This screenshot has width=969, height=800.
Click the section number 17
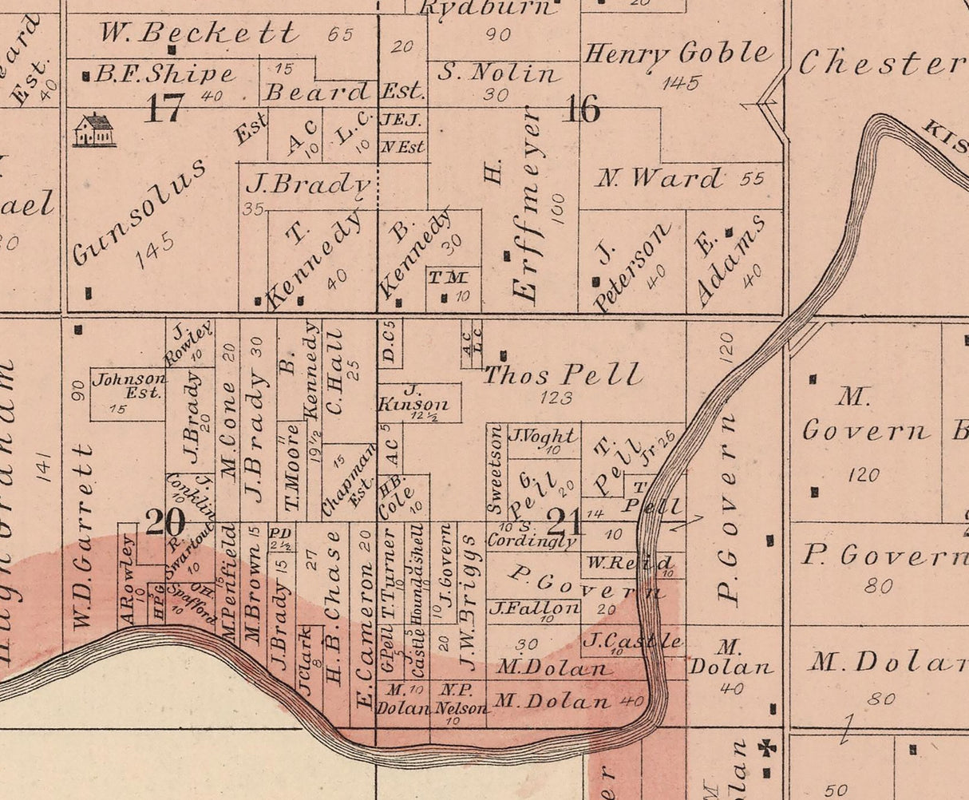click(164, 109)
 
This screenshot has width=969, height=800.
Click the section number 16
click(581, 109)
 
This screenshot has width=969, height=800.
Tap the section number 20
click(165, 523)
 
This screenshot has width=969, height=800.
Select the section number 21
click(564, 523)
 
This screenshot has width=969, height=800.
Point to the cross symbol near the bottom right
click(768, 749)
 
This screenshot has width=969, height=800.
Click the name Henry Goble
click(678, 54)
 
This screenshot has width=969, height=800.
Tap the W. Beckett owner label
click(199, 33)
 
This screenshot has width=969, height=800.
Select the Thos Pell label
click(562, 374)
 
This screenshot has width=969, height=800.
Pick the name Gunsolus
click(140, 211)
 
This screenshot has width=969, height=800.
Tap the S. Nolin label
click(498, 73)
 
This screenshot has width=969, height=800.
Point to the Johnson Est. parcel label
click(129, 386)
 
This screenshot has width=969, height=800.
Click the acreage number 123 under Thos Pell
click(556, 397)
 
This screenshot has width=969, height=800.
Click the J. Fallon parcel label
click(534, 608)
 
